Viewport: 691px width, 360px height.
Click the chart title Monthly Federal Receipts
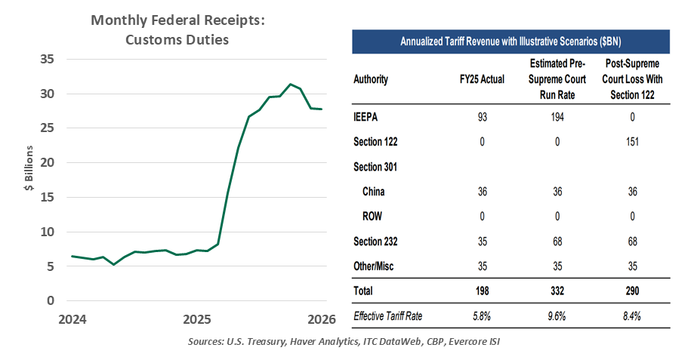point(177,20)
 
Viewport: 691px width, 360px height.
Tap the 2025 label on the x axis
point(196,318)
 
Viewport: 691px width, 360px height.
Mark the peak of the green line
point(290,85)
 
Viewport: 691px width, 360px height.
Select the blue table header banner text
point(511,41)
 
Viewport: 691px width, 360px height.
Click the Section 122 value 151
point(634,142)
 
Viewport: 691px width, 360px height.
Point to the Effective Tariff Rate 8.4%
point(634,316)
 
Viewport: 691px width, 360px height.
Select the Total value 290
point(634,291)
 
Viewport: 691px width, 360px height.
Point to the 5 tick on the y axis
point(49,266)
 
